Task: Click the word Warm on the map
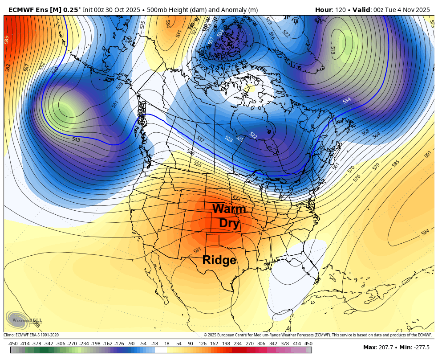[229, 209]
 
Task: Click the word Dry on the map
[229, 223]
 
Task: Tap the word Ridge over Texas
[219, 260]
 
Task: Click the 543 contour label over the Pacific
[76, 140]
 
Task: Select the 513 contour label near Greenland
[332, 50]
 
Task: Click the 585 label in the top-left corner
[7, 40]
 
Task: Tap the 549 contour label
[191, 153]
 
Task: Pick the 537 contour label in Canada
[200, 139]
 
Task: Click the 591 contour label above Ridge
[198, 250]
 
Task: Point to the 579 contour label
[376, 166]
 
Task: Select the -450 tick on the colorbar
[13, 344]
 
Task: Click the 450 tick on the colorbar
[308, 344]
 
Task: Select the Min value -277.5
[421, 348]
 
